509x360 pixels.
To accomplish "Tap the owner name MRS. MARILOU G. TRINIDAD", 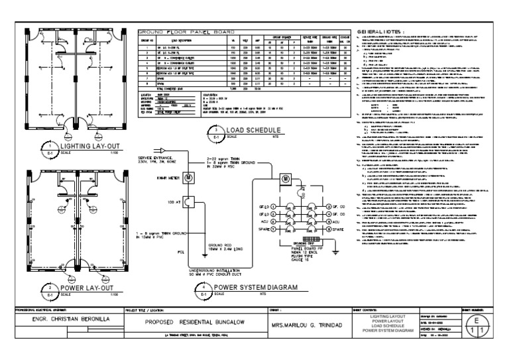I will click(307, 326).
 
